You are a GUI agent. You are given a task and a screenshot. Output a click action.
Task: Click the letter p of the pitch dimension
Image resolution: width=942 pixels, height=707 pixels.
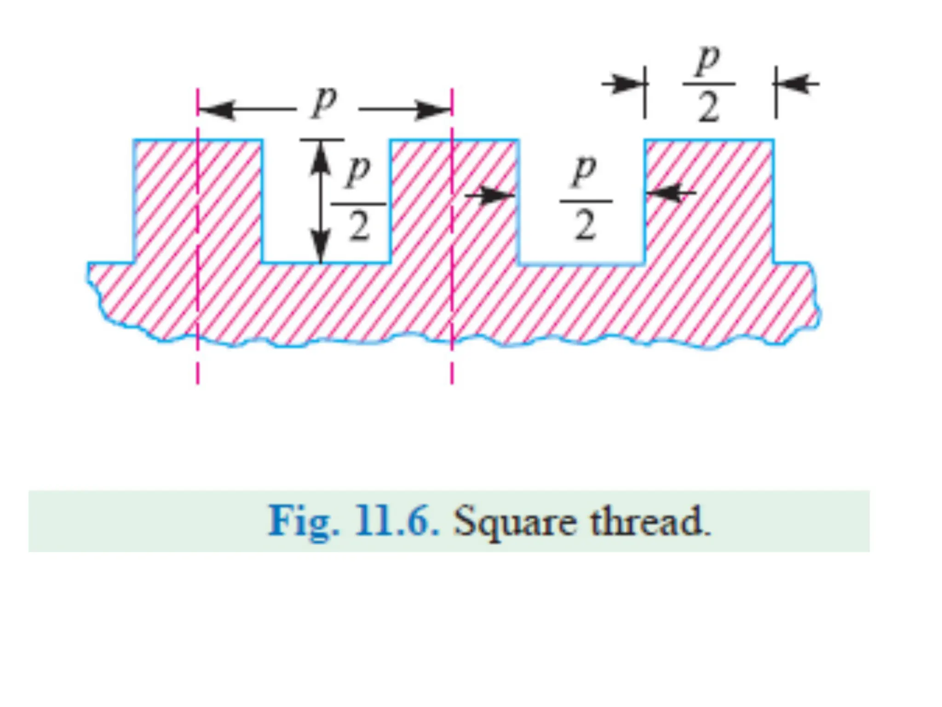pos(324,102)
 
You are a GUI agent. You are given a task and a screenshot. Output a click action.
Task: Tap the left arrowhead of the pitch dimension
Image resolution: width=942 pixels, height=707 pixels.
pos(216,110)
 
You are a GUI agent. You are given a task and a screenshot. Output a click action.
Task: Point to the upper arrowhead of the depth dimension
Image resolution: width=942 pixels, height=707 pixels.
pos(321,156)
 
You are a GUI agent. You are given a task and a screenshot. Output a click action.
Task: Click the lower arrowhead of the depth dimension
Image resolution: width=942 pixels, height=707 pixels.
pos(321,247)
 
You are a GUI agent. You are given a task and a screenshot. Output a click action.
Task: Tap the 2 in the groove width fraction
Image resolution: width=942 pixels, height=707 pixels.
pos(585,226)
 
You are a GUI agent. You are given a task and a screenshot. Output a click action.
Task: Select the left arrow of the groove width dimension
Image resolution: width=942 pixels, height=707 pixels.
pos(494,196)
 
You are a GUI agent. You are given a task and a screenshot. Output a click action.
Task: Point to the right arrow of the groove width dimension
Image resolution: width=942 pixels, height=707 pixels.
pos(669,192)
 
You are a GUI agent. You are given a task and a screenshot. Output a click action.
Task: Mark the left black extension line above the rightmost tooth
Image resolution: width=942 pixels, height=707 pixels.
pos(645,92)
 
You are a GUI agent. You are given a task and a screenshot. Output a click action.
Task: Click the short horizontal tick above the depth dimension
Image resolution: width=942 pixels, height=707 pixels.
pos(322,139)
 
